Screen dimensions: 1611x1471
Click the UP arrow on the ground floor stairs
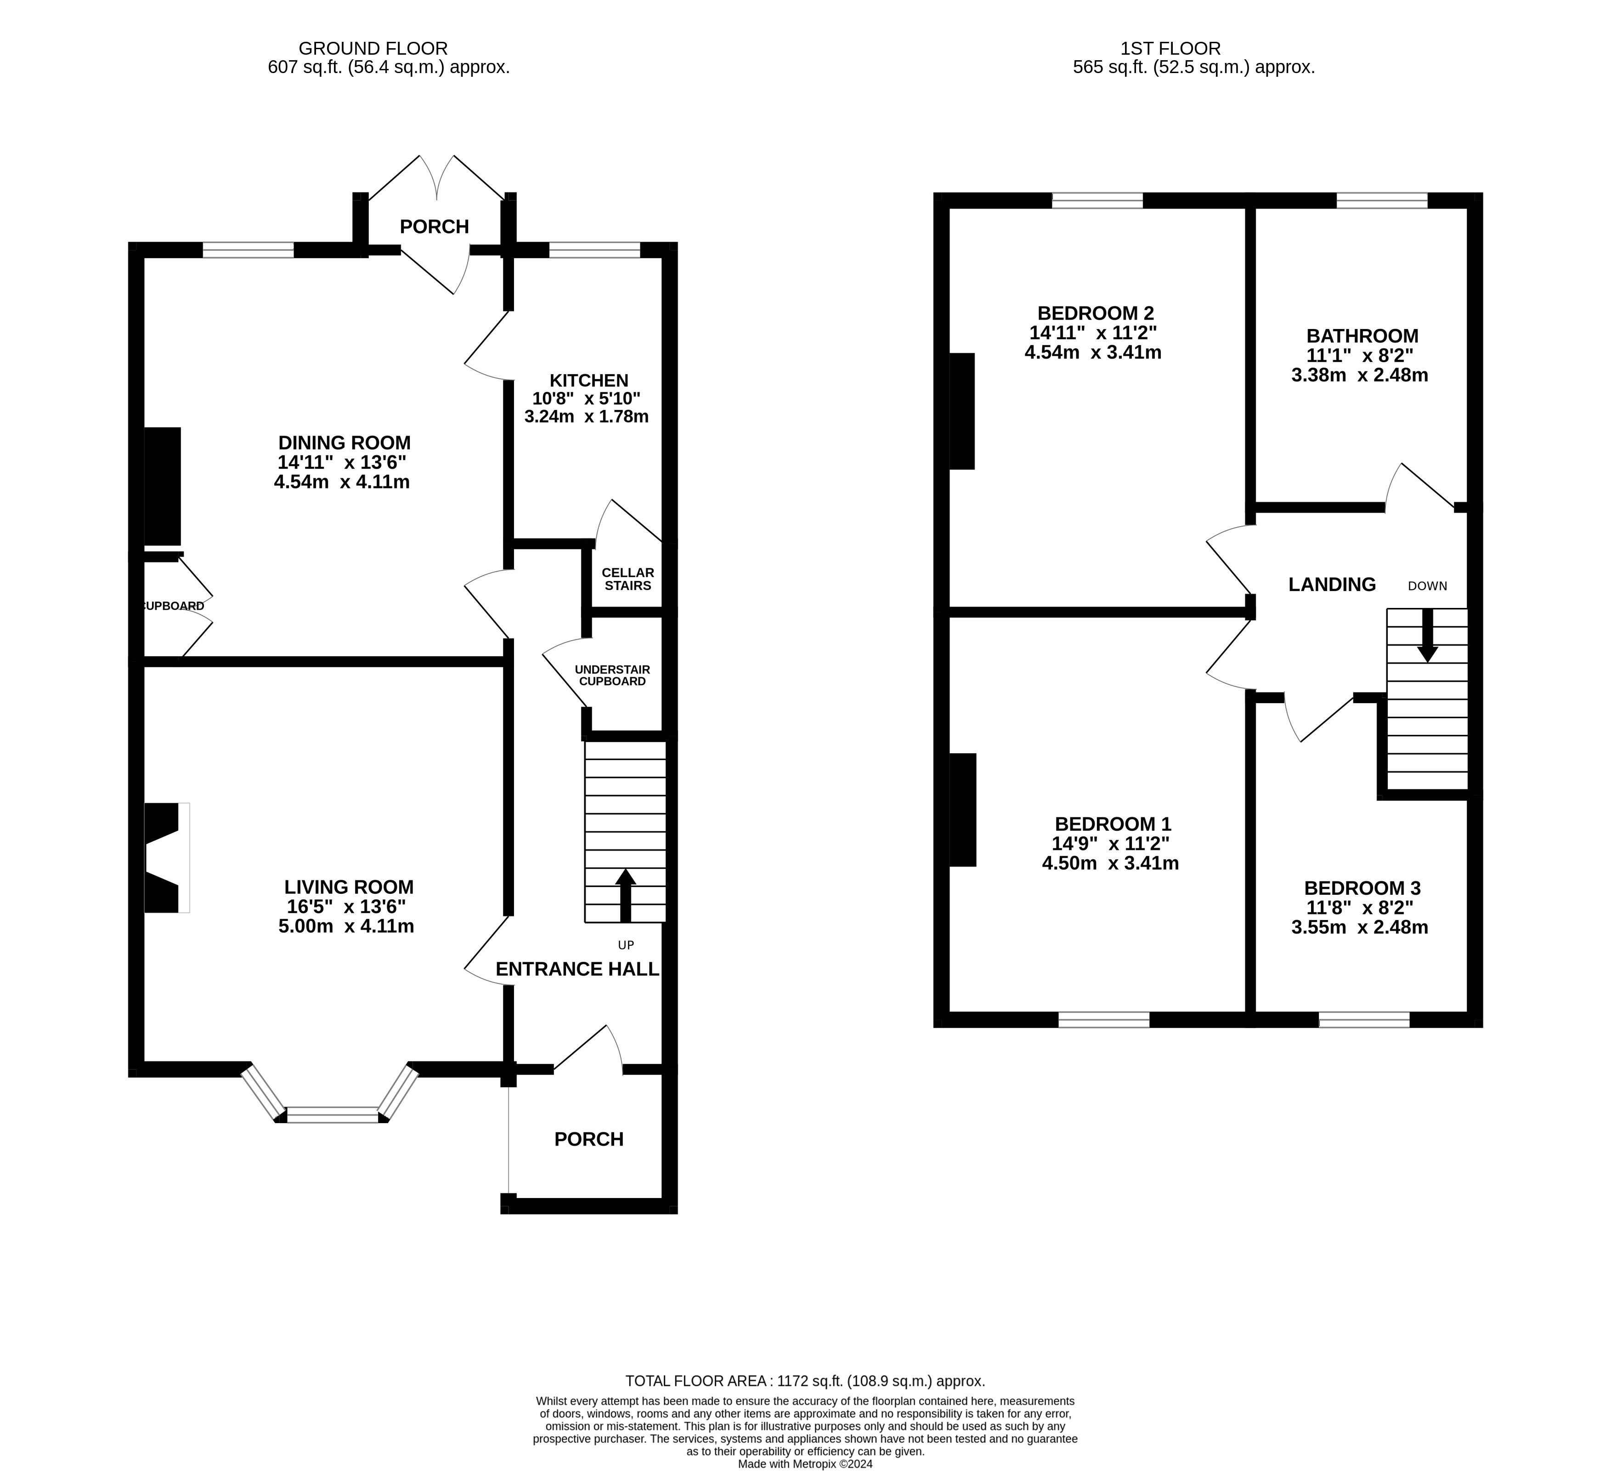coord(626,895)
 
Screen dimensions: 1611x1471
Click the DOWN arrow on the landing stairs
coord(1427,636)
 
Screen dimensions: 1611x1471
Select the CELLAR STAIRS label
coord(628,579)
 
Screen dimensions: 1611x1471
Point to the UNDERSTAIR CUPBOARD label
coord(612,676)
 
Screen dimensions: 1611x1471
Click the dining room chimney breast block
coord(162,486)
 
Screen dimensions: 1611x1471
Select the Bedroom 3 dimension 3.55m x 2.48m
coord(1360,927)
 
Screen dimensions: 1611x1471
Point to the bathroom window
coord(1382,201)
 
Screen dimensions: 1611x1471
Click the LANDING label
coord(1332,585)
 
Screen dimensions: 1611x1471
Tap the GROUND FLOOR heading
coord(373,49)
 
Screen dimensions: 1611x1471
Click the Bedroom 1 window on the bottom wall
coord(1103,1019)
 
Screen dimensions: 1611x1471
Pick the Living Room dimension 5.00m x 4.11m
coord(346,926)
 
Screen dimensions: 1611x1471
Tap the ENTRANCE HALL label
coord(577,969)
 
